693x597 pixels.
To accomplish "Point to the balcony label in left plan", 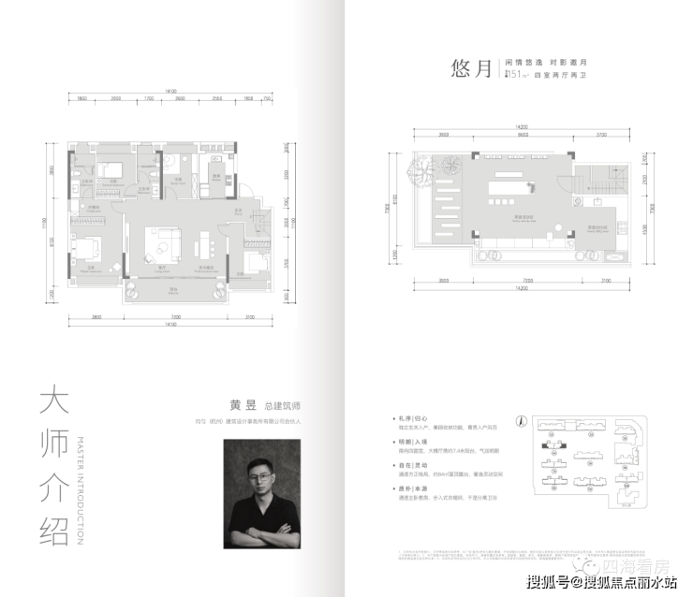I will tap(173, 290).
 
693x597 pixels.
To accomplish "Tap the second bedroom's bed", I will tap(110, 169).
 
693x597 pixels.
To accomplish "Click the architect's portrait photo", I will tap(265, 495).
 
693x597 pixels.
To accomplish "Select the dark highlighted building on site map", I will tap(545, 446).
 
